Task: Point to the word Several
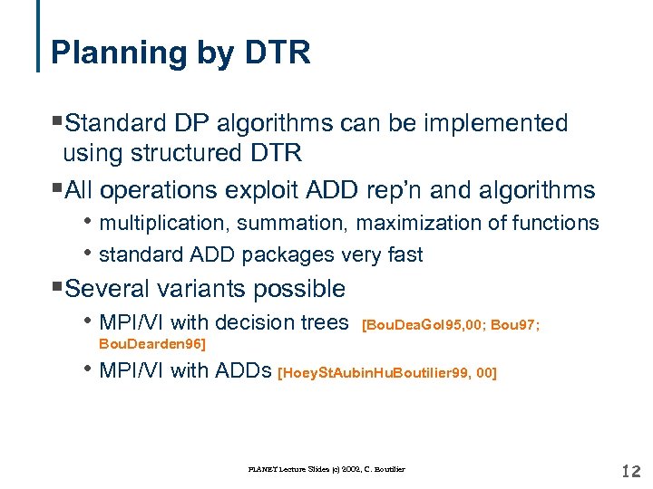coord(111,290)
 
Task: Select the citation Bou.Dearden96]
coord(151,344)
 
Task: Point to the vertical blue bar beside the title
coord(39,36)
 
